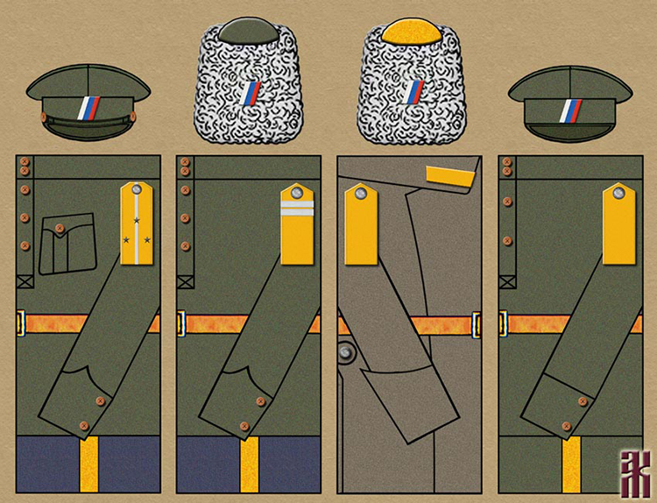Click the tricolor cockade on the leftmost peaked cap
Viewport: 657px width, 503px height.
coord(89,108)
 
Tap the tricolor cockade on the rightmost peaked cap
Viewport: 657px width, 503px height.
coord(570,109)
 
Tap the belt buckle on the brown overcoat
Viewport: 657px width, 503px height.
coord(477,323)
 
